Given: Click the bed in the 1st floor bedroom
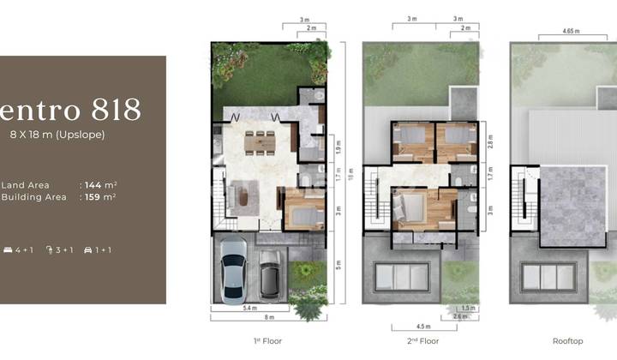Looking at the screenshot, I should [304, 210].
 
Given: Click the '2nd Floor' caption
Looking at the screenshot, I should [419, 341].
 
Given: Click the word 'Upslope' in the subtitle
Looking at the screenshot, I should [82, 135].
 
